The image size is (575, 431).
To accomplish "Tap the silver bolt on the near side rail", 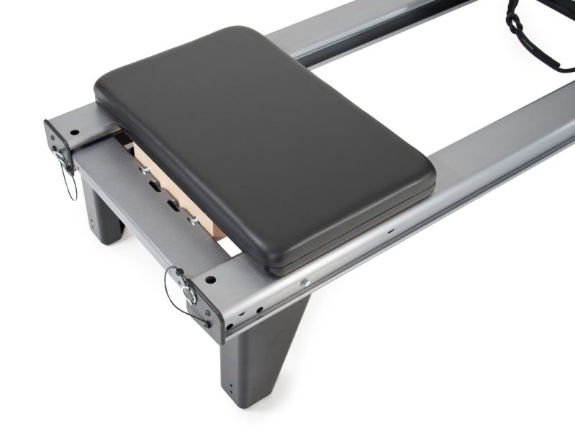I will tap(305, 283).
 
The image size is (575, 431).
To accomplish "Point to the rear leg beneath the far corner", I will tap(101, 208).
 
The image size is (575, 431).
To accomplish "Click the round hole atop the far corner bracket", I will tap(73, 133).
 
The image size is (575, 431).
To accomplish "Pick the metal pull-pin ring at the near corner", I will tap(189, 295).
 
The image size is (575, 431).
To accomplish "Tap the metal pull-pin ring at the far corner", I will tap(59, 154).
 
